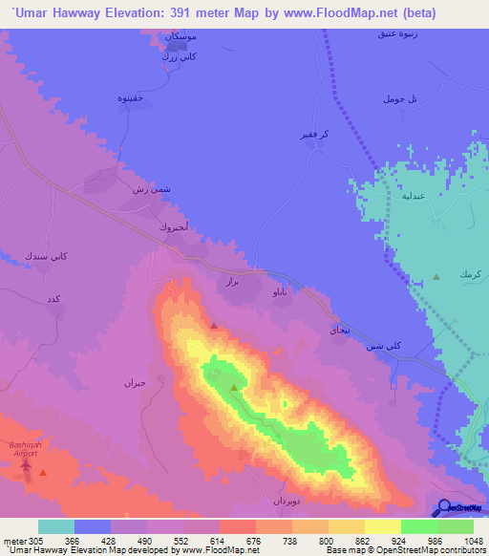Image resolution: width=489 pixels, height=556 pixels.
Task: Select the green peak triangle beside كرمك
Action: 436,277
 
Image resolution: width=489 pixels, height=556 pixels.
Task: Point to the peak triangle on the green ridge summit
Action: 234,388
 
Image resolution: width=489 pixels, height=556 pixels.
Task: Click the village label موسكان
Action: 182,36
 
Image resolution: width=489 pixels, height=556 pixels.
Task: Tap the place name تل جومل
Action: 400,99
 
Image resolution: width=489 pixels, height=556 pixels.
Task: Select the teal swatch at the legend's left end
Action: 56,526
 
